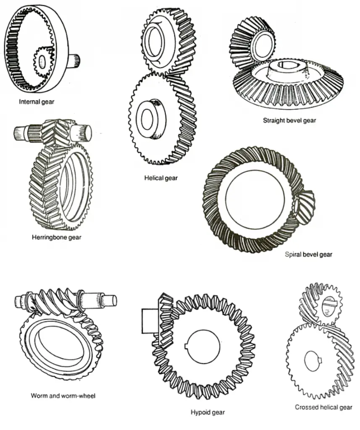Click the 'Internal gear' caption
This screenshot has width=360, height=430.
tap(37, 101)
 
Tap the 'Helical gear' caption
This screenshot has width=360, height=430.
tap(160, 178)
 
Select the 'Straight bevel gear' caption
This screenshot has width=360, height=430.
tap(289, 121)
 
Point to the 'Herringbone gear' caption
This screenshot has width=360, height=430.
tap(57, 237)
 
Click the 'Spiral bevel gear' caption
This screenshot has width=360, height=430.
tap(308, 254)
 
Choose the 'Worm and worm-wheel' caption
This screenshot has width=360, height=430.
tap(63, 396)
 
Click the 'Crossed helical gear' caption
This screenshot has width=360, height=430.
tap(323, 407)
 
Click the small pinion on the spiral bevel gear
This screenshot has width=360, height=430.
tap(305, 201)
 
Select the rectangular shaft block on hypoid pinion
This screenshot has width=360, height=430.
tap(149, 321)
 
